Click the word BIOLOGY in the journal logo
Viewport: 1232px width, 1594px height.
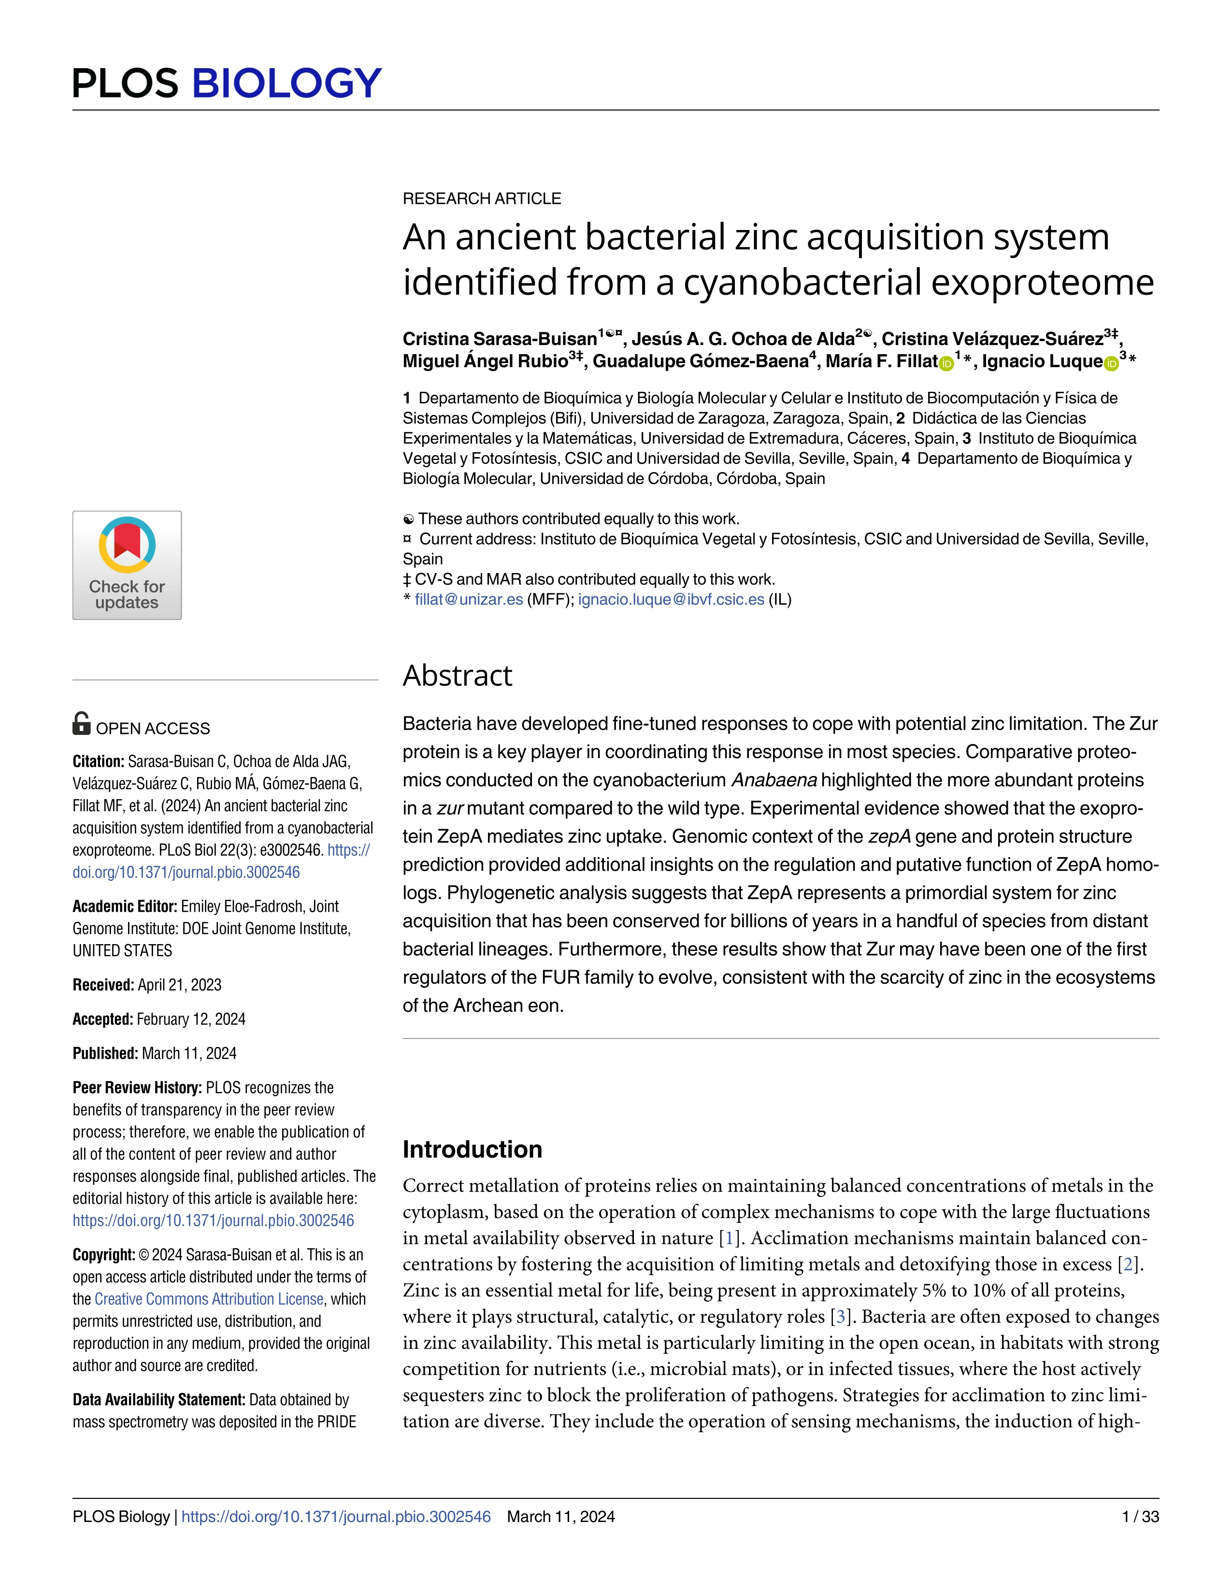tap(286, 83)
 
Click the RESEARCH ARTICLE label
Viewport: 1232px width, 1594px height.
tap(482, 199)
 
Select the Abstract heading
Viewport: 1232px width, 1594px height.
tap(458, 676)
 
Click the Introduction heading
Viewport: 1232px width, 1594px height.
tap(472, 1149)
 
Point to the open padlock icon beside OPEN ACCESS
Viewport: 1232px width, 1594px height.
tap(82, 723)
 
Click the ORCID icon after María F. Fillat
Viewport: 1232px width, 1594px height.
tap(946, 363)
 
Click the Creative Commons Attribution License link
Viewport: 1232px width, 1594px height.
tap(209, 1299)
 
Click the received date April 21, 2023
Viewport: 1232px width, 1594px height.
tap(180, 985)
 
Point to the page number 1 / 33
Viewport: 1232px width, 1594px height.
tap(1140, 1517)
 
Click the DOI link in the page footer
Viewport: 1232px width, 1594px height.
tap(336, 1517)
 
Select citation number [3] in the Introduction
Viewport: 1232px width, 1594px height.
tap(841, 1317)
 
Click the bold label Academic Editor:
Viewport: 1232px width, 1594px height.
tap(125, 906)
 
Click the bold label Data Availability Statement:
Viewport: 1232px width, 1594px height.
tap(158, 1399)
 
